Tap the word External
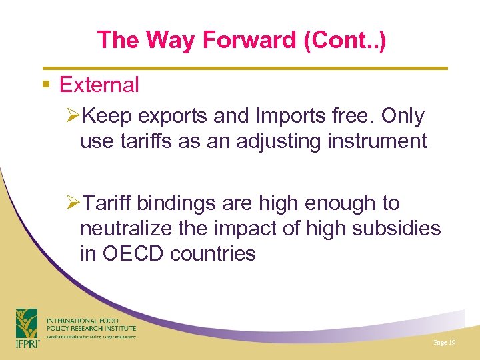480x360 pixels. (x=99, y=85)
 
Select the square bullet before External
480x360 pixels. (x=45, y=85)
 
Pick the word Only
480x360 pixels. (x=403, y=116)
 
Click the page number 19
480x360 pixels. (x=444, y=342)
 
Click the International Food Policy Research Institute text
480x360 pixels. (x=91, y=325)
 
